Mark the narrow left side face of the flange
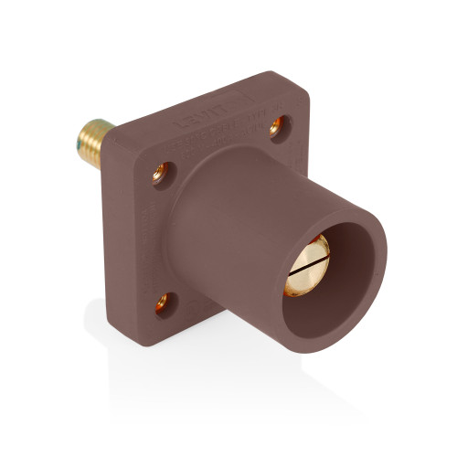136,238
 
